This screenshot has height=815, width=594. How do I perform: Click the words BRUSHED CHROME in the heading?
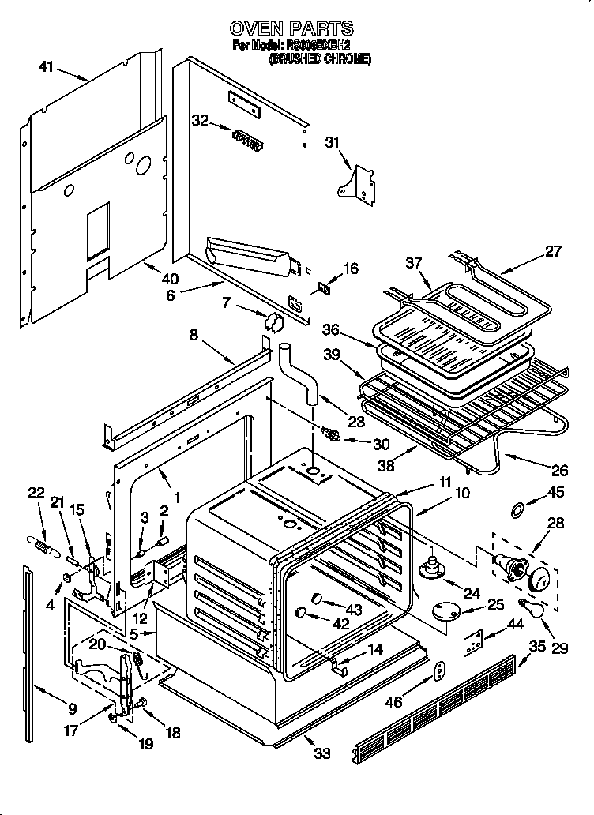pyautogui.click(x=320, y=58)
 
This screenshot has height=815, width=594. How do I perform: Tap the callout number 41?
pyautogui.click(x=47, y=67)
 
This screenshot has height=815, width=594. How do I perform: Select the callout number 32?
pyautogui.click(x=201, y=120)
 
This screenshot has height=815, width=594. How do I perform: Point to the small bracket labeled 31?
pyautogui.click(x=358, y=181)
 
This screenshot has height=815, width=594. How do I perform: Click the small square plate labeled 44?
pyautogui.click(x=473, y=644)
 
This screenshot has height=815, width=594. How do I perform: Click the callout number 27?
pyautogui.click(x=552, y=252)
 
